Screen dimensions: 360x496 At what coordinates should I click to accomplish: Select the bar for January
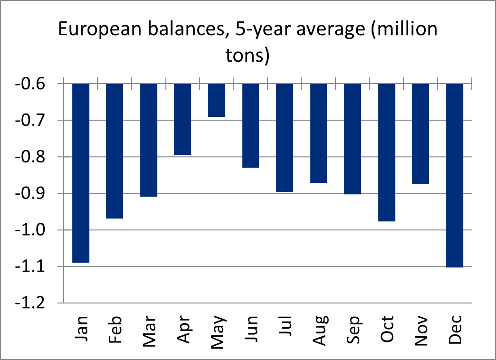click(81, 173)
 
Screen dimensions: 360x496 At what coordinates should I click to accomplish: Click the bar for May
click(217, 100)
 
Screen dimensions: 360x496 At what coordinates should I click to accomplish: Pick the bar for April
click(182, 119)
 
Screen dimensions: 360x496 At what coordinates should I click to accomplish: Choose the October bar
click(387, 152)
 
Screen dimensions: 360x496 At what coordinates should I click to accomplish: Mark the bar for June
click(250, 126)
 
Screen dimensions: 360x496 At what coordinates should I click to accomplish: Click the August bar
click(318, 133)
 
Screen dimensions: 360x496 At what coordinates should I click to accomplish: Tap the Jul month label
click(285, 327)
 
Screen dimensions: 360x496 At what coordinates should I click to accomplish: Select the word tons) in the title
click(247, 56)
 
